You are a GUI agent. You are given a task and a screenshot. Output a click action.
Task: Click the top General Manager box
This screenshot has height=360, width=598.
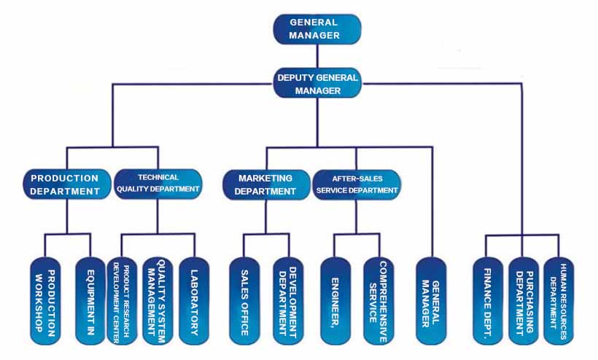click(x=317, y=28)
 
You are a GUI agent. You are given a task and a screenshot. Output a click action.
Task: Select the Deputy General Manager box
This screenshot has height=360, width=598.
click(x=317, y=82)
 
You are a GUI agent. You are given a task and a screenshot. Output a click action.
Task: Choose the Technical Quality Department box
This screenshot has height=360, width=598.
click(x=158, y=184)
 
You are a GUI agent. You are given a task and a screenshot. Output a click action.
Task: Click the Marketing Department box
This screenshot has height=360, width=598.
click(x=266, y=184)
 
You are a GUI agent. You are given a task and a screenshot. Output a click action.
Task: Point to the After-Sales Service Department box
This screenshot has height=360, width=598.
click(x=357, y=184)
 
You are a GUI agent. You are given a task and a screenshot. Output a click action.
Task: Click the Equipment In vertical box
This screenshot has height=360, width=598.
click(x=90, y=300)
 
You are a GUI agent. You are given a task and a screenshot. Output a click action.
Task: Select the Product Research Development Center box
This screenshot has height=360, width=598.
click(x=122, y=300)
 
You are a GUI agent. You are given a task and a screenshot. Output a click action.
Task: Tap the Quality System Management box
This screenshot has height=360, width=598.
click(x=158, y=300)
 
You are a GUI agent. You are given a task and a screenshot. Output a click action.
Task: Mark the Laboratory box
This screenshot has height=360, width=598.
click(x=194, y=300)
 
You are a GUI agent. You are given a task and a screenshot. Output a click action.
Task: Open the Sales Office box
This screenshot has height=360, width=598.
click(x=245, y=300)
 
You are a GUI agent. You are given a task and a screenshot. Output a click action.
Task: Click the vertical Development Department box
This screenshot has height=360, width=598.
click(x=289, y=300)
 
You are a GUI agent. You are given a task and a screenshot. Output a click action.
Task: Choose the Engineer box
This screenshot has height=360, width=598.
click(x=335, y=300)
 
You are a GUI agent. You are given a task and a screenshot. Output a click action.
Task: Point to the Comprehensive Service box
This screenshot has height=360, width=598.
click(x=380, y=300)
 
